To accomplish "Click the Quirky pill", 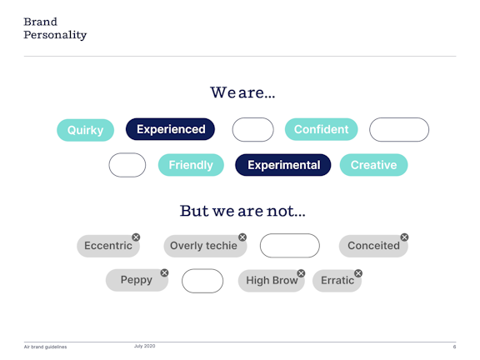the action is [85, 130].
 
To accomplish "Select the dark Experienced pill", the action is [170, 129].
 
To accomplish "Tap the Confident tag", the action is [321, 129].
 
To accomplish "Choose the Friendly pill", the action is [191, 165].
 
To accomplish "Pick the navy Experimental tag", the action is [283, 165].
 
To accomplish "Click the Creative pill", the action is [373, 165].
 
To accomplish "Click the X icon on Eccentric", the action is [136, 237].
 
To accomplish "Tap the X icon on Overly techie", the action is [242, 237].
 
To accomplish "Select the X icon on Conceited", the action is [404, 237].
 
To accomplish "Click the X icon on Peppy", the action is [164, 272].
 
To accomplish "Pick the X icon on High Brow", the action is [301, 273].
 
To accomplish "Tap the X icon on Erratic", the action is [358, 273].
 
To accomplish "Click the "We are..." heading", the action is [242, 92].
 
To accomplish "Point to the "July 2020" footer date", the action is [144, 346].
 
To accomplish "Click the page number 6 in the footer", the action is [454, 347].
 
